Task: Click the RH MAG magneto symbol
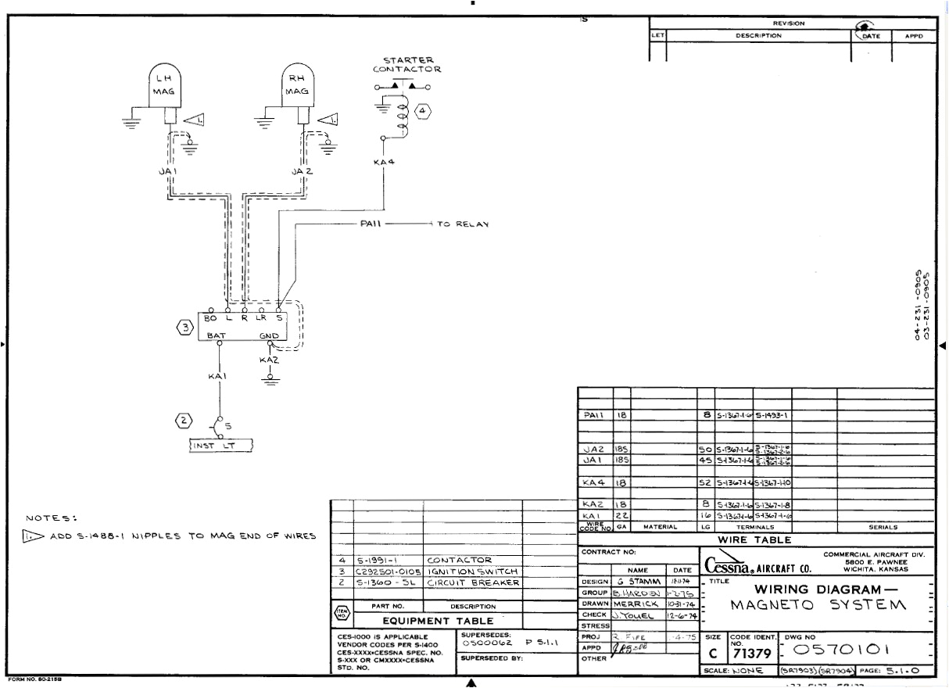297,86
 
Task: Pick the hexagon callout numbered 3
185,327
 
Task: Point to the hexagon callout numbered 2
183,421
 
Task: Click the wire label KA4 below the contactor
384,163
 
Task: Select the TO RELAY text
462,224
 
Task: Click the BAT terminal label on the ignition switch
217,335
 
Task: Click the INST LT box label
214,446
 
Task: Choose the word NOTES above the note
52,518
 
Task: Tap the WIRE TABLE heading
755,540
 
